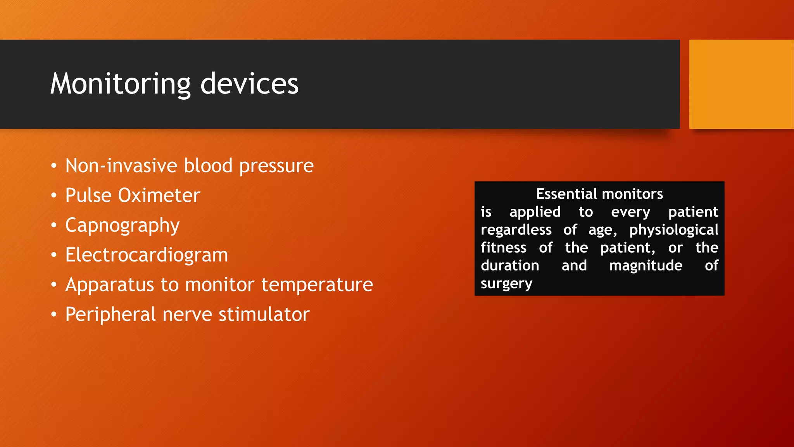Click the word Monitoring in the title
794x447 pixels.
[120, 84]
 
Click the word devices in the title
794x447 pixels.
[249, 84]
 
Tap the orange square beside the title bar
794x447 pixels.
[741, 84]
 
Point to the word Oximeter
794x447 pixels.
[159, 195]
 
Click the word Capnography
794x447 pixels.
[122, 226]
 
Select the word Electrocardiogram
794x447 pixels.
[147, 255]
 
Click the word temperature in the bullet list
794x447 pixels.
[317, 285]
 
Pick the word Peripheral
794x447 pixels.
[110, 314]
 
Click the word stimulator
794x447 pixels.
[264, 314]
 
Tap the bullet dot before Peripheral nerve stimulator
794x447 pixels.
[54, 315]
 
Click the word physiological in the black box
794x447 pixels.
[673, 230]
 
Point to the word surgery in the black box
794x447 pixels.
[506, 284]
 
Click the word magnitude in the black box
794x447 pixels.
[646, 266]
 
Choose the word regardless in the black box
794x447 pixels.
[516, 230]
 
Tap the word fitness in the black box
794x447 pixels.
[503, 248]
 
